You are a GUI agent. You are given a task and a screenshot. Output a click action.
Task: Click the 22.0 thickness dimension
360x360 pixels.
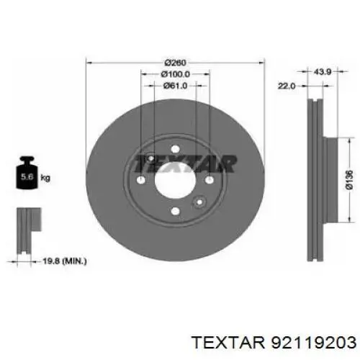click(288, 86)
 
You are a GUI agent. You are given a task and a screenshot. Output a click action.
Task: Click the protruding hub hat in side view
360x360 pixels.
click(330, 180)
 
